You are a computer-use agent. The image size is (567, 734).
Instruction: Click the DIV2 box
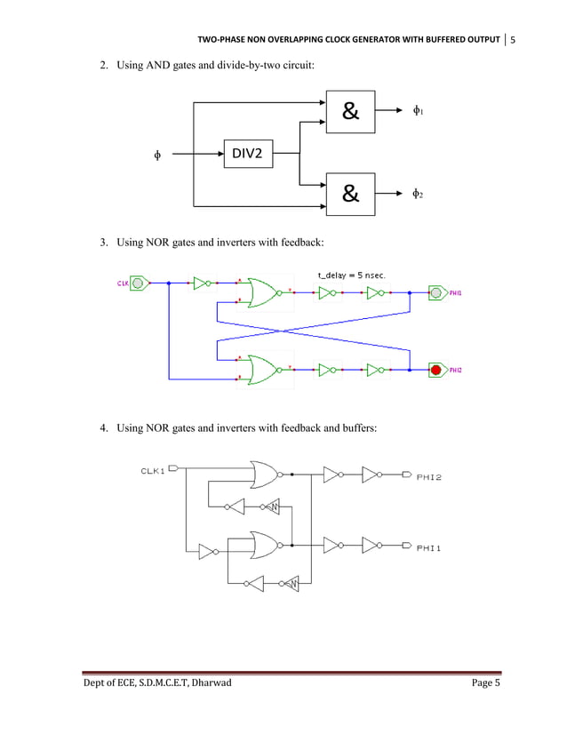(x=247, y=154)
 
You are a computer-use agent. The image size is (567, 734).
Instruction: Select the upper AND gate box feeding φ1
(x=350, y=112)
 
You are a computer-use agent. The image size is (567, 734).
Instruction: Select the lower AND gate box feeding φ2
(x=350, y=193)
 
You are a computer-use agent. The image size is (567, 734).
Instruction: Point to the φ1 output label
(x=417, y=112)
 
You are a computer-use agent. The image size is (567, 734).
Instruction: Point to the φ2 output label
(x=417, y=193)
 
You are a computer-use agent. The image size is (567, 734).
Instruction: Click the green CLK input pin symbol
(x=138, y=283)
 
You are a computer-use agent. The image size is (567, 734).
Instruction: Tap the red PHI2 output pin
(x=436, y=369)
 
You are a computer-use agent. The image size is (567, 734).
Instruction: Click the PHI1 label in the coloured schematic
(x=456, y=292)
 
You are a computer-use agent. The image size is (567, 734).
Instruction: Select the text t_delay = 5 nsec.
(x=351, y=275)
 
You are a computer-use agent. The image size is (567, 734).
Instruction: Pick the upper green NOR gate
(x=263, y=292)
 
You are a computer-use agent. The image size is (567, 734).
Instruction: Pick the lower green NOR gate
(x=263, y=368)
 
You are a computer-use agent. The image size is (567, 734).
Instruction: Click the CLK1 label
(x=152, y=471)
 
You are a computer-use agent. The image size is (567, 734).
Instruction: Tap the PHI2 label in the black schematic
(x=429, y=477)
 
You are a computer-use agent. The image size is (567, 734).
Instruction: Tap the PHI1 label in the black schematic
(x=429, y=548)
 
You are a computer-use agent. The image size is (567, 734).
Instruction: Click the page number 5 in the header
(x=513, y=40)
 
